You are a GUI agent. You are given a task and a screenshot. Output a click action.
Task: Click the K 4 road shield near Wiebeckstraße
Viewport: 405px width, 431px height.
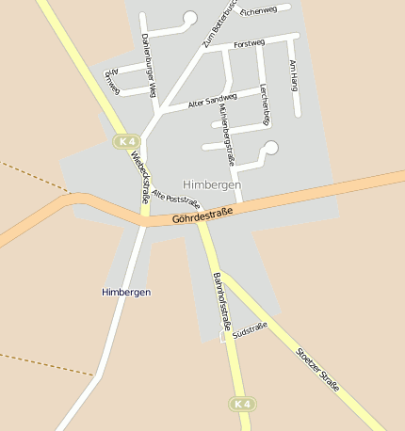(125, 140)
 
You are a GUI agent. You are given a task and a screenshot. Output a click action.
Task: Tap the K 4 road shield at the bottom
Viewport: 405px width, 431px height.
(242, 404)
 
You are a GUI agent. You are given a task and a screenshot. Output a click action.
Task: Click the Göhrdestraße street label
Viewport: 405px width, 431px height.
(202, 215)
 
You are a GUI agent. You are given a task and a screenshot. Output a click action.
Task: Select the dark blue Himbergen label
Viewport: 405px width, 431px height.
(126, 292)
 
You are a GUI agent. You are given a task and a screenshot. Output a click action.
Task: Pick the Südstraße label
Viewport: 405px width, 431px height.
(250, 330)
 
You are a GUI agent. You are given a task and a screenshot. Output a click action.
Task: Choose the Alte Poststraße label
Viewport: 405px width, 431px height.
(175, 198)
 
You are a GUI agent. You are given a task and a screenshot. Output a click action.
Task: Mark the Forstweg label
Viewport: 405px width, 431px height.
(249, 43)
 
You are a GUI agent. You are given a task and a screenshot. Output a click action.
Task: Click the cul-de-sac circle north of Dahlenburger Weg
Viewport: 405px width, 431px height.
(189, 17)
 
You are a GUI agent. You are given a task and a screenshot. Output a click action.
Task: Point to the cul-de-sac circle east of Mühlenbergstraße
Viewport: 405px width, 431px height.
(271, 147)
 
